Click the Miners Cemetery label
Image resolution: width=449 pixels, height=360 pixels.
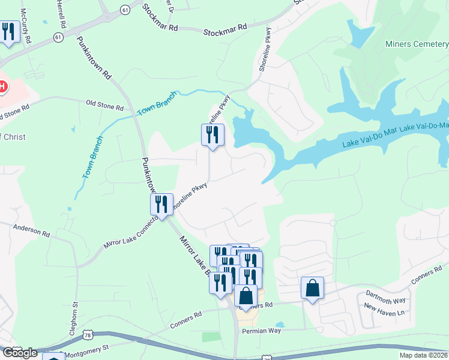coord(416,43)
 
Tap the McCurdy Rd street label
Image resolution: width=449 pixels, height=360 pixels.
coord(25,20)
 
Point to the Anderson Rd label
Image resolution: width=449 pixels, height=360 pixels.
coord(32,230)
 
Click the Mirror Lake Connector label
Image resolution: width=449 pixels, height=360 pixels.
coord(130,233)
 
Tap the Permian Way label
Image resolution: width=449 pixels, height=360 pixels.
coord(261,331)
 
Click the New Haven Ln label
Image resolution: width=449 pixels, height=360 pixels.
coord(384,311)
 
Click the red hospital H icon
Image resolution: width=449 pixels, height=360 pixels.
coord(2,86)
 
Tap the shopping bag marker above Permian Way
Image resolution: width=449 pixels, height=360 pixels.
coord(246,296)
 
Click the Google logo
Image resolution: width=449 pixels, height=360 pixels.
coord(19,353)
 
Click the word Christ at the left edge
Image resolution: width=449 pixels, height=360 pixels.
coord(14,137)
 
